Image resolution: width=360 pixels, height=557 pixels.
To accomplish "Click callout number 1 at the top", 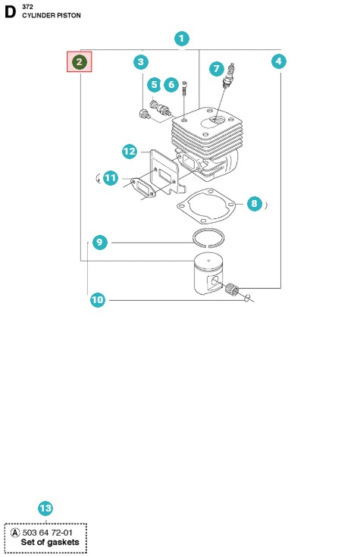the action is pos(182,39).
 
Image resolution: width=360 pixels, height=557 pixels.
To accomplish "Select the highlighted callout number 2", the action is pos(80,62).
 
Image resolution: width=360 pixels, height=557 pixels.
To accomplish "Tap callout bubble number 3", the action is pos(141,62).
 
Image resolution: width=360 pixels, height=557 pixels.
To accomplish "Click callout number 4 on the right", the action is pos(279,61).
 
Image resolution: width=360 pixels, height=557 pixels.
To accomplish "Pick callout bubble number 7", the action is pos(217,69).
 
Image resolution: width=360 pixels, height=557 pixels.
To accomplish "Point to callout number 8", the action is pos(254,204).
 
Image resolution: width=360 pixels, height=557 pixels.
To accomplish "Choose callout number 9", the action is pos(100,243).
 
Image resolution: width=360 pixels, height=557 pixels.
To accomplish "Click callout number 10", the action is pos(98,300).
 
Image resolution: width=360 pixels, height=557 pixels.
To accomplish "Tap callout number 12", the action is pos(130,152).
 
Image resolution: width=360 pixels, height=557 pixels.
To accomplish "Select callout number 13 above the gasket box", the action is pos(45,508).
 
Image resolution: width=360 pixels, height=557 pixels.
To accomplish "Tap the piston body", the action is pos(208,274).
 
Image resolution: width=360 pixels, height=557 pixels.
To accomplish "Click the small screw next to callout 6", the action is pos(184,88).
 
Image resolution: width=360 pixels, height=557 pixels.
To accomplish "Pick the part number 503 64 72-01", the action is pos(47,533).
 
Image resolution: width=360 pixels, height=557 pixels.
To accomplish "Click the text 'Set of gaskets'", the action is pos(50,543).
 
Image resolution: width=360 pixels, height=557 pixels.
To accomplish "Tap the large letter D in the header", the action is pos(11,11).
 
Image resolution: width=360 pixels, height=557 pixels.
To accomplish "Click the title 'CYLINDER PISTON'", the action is pos(52,15).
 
